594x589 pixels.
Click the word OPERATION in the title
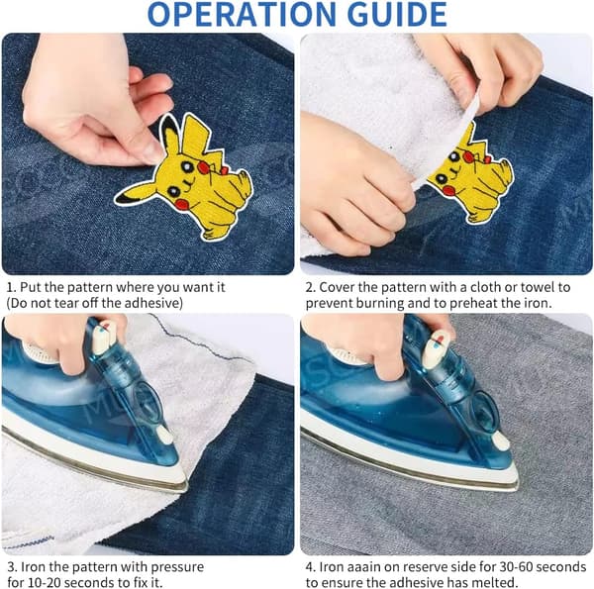pos(241,15)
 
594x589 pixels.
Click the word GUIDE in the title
pos(397,15)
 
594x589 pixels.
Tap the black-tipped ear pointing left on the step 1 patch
pos(134,193)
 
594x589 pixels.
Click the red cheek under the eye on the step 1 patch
pos(181,205)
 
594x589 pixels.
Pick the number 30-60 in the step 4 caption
pos(517,566)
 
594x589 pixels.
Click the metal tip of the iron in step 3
pos(184,486)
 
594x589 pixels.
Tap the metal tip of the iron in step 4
pos(515,485)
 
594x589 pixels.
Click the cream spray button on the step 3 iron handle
pos(164,435)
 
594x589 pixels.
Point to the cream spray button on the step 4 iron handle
pos(499,440)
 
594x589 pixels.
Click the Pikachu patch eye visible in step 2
pos(442,178)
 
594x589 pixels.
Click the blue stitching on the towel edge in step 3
pos(29,542)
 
